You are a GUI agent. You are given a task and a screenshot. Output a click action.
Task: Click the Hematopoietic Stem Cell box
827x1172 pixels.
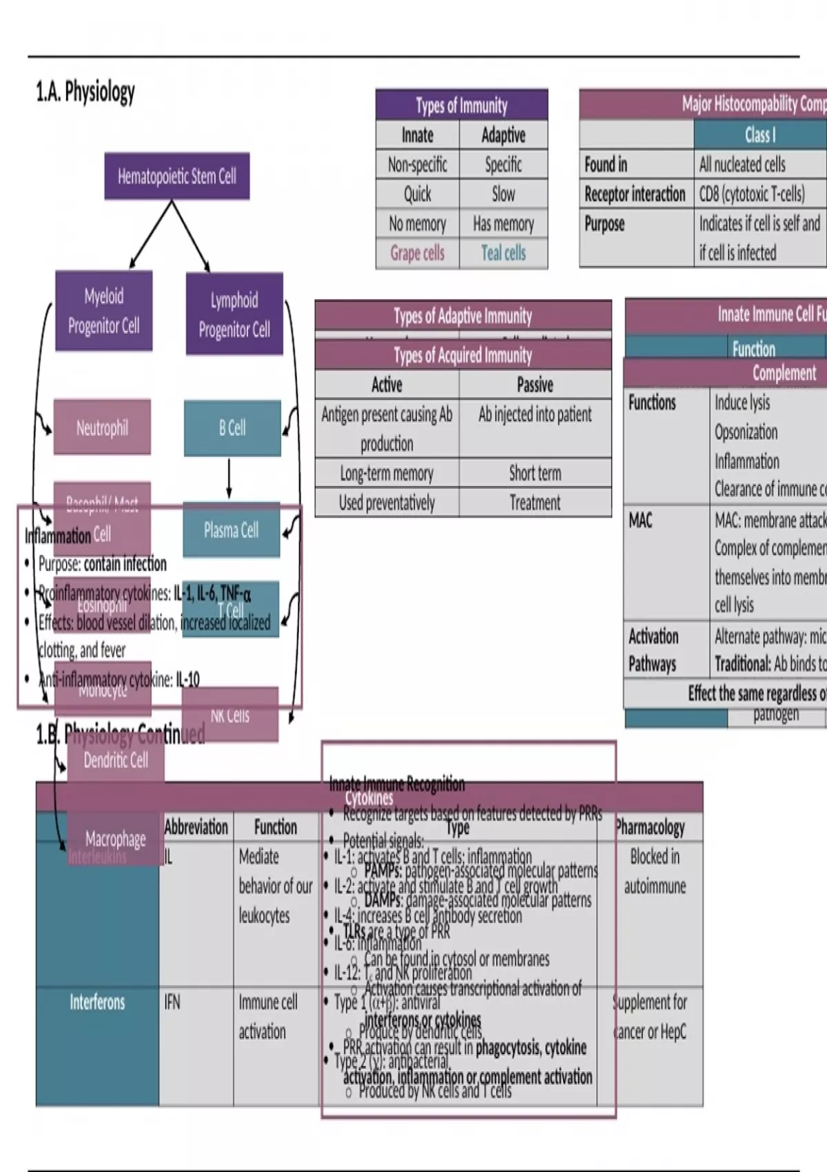pyautogui.click(x=177, y=176)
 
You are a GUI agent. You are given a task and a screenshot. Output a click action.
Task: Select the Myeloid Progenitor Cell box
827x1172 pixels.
pyautogui.click(x=103, y=311)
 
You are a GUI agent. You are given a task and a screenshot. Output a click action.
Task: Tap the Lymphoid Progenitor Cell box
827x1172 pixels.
pyautogui.click(x=234, y=314)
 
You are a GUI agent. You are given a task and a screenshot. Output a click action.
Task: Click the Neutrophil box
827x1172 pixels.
pyautogui.click(x=102, y=427)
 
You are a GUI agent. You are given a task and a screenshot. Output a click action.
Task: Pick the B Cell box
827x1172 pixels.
pyautogui.click(x=232, y=428)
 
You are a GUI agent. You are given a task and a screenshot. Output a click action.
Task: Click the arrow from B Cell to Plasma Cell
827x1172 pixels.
pyautogui.click(x=229, y=478)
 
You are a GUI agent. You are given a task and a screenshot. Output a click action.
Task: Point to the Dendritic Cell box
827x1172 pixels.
pyautogui.click(x=116, y=760)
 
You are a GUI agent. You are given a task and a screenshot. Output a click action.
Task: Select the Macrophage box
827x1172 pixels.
pyautogui.click(x=115, y=839)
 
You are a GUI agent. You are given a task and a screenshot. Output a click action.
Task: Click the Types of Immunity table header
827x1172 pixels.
pyautogui.click(x=462, y=105)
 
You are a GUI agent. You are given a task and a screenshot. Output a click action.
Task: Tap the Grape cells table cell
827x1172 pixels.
pyautogui.click(x=418, y=253)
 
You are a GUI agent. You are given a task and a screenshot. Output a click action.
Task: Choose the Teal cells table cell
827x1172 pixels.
pyautogui.click(x=504, y=253)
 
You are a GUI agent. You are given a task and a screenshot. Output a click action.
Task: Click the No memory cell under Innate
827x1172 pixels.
pyautogui.click(x=418, y=223)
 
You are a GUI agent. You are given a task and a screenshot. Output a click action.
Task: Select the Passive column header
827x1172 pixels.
pyautogui.click(x=535, y=384)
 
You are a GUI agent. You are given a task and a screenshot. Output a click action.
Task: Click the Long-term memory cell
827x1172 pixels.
pyautogui.click(x=387, y=473)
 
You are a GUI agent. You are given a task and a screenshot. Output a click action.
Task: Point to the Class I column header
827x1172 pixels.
pyautogui.click(x=759, y=134)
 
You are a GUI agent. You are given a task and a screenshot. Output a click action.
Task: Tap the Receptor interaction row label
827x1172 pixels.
pyautogui.click(x=635, y=194)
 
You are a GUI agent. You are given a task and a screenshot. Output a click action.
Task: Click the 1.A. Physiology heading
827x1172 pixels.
pyautogui.click(x=85, y=92)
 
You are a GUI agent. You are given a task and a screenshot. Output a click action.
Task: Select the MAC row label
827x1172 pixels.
pyautogui.click(x=640, y=520)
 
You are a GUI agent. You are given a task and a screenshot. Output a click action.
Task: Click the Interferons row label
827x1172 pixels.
pyautogui.click(x=97, y=1002)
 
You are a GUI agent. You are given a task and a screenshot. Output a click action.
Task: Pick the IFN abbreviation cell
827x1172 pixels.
pyautogui.click(x=172, y=1002)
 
